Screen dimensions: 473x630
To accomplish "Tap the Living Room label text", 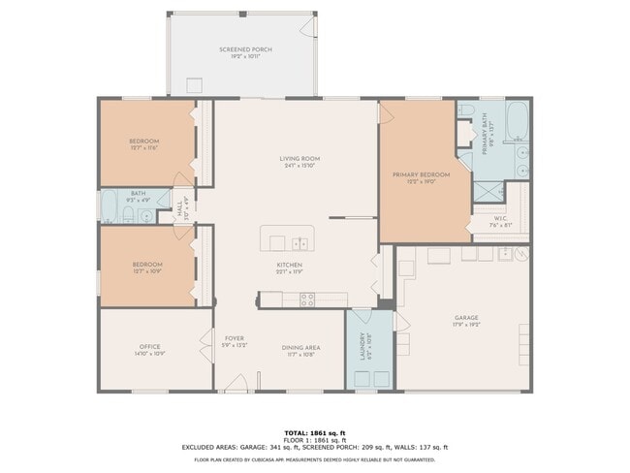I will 299,159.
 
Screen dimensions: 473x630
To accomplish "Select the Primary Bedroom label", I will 417,175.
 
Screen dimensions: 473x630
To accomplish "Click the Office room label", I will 148,346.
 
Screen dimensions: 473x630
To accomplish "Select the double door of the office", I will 206,343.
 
